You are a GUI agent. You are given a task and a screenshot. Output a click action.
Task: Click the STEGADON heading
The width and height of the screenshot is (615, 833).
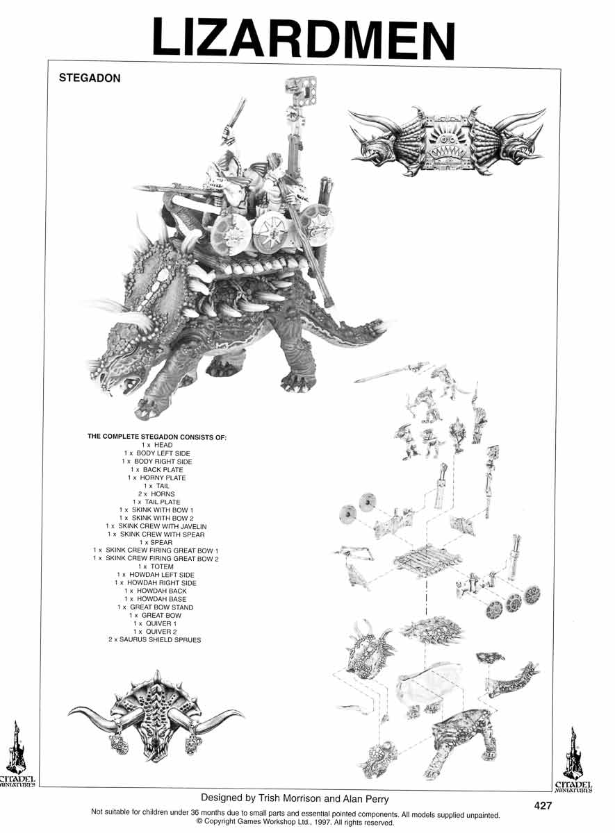90,78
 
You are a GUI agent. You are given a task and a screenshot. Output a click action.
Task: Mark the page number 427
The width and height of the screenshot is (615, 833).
543,806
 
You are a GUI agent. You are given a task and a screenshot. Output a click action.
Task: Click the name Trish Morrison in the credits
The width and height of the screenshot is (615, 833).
287,799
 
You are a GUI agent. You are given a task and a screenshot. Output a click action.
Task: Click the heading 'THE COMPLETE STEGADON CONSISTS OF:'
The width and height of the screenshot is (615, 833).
156,437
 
